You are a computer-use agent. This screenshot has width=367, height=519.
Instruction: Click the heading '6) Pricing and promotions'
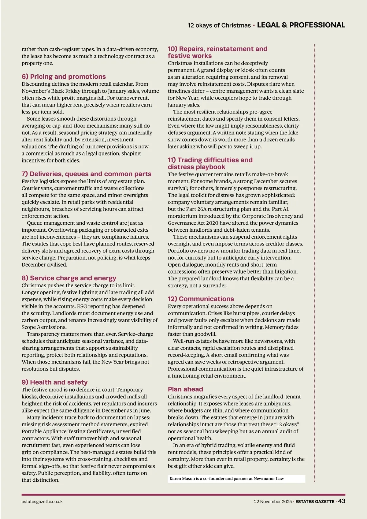64,77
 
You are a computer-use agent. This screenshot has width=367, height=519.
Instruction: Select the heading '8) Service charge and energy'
69,278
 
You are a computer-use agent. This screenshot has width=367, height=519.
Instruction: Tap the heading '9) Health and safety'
54,382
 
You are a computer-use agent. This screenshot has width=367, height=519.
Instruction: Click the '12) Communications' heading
201,299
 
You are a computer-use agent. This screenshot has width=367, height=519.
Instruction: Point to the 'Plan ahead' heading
185,389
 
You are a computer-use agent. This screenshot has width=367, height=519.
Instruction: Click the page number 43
342,501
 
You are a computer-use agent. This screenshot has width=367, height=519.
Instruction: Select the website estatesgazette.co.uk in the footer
42,502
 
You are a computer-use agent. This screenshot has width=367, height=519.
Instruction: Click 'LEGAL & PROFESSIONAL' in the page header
301,25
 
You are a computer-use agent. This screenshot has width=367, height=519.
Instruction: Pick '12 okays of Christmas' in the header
219,25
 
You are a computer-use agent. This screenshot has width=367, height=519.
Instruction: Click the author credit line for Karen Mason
227,479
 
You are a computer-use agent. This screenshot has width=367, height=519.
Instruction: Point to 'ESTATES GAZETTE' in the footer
315,502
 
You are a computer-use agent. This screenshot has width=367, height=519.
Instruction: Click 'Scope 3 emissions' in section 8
44,327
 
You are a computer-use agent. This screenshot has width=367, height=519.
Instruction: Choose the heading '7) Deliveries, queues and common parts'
87,174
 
